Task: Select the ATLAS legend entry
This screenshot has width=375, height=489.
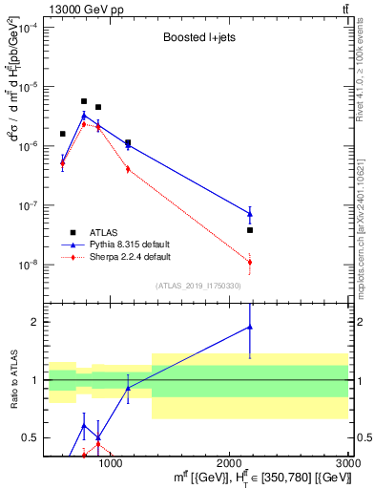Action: point(104,231)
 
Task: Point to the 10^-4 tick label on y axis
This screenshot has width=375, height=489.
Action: point(29,28)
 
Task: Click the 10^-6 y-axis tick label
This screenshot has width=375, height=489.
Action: point(29,146)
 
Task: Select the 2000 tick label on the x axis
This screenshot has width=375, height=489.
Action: point(230,463)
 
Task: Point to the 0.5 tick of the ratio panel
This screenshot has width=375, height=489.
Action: point(30,437)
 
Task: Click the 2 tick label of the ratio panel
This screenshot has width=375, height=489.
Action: point(33,322)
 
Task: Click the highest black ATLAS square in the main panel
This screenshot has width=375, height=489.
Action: point(84,101)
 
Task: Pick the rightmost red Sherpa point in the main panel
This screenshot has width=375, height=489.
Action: point(249,262)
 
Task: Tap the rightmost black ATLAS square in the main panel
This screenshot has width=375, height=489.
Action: point(249,230)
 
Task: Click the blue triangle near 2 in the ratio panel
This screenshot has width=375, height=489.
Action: point(249,327)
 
